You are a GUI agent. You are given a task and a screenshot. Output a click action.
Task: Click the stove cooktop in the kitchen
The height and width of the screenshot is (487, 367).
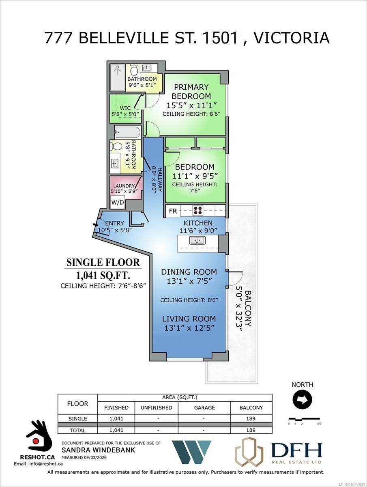point(198,210)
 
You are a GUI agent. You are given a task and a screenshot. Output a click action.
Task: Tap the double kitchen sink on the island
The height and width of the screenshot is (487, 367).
point(197,240)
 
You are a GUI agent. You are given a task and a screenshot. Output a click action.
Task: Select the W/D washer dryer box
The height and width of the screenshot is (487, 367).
point(118,202)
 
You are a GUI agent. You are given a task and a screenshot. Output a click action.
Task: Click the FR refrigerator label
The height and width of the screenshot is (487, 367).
point(173,211)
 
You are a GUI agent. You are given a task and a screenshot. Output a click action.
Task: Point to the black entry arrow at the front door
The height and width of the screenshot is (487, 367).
point(96,224)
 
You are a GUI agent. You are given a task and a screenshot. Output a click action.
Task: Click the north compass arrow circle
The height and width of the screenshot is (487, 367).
point(302,400)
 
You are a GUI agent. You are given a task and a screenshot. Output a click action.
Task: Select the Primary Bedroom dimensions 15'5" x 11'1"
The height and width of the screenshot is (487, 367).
point(191,105)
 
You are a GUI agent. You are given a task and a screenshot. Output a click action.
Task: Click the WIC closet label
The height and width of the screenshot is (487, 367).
point(125,108)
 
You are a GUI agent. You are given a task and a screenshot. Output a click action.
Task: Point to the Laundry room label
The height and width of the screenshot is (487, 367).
point(124,186)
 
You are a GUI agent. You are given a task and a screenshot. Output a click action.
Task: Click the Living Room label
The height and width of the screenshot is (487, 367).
point(189,319)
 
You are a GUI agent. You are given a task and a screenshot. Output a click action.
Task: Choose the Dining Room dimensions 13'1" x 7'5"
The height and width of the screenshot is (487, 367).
point(189,281)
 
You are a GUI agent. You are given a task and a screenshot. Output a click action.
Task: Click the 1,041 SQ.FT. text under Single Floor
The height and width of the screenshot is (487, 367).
point(103,275)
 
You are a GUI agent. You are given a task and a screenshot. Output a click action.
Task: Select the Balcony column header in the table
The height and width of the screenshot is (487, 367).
point(251,407)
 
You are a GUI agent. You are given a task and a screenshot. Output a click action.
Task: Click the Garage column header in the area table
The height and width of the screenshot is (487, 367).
point(204,407)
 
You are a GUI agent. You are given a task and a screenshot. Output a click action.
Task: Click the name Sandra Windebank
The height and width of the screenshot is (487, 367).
point(98,450)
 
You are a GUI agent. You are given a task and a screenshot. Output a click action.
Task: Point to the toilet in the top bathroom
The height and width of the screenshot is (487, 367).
point(134,70)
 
